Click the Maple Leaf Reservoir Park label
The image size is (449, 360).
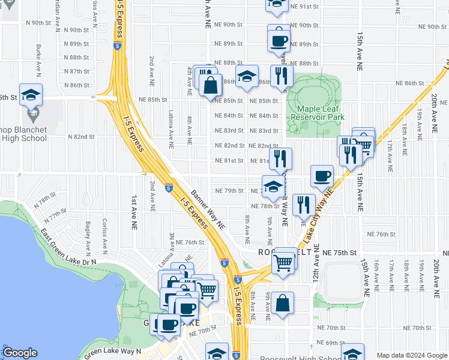pos(316,113)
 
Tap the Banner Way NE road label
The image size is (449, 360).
pos(208,211)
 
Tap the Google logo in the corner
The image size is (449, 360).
pos(19,353)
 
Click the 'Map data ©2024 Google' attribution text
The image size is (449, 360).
pos(411,356)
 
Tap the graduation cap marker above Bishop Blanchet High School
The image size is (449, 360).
pos(31,94)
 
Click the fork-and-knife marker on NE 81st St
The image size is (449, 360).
pos(280,159)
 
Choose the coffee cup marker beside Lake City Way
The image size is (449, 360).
pos(322,176)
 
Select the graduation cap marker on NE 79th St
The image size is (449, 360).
pos(273,186)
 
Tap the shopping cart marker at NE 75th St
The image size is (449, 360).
pos(283,262)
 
